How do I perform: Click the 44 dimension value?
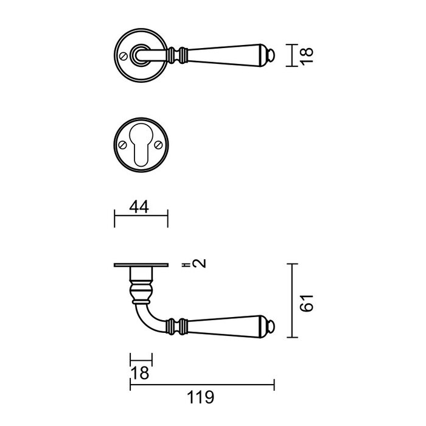coord(141,208)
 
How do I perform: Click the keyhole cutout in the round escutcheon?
coord(141,146)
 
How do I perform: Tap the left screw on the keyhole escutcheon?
coord(124,145)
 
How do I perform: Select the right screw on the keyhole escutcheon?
coord(158,145)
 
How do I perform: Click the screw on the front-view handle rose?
coord(125,57)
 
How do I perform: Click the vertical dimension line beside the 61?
coord(295,301)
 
